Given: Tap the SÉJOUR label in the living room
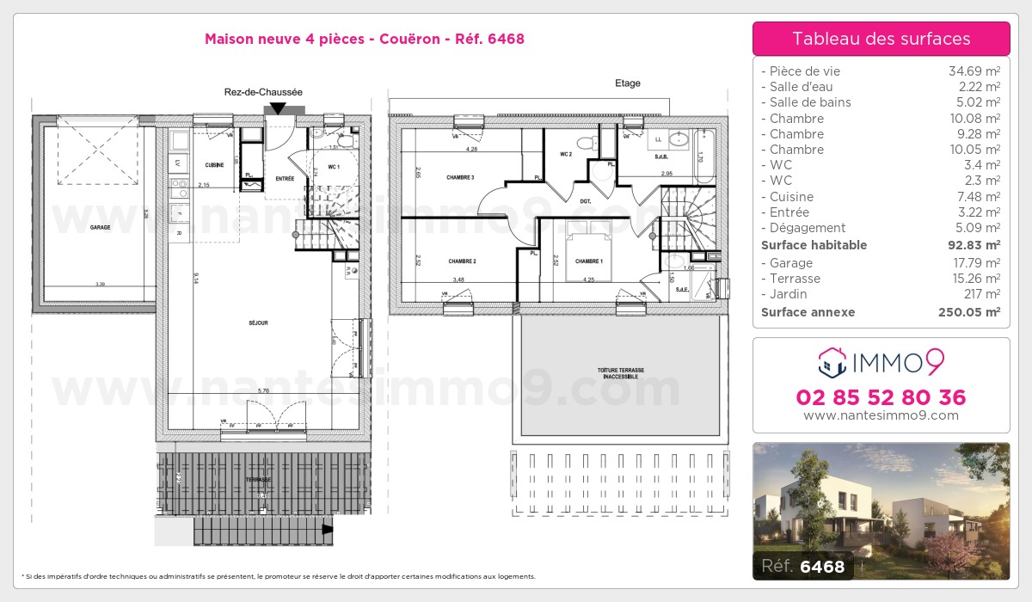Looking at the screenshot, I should click(x=258, y=323).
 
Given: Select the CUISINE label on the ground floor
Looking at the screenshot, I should click(x=215, y=164).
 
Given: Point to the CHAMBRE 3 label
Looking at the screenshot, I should click(x=460, y=178).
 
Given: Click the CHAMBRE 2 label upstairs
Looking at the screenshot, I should click(x=462, y=261).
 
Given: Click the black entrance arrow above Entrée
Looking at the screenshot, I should click(x=278, y=108).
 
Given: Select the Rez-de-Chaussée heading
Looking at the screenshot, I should click(x=263, y=92).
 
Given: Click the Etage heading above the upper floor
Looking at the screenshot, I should click(x=627, y=83).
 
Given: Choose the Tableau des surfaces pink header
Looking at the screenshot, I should click(x=881, y=39).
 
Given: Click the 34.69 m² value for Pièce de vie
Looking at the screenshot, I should click(x=974, y=71).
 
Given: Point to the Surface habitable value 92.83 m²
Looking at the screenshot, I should click(x=969, y=245).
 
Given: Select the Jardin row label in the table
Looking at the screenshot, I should click(x=789, y=294).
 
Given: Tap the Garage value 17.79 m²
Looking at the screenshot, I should click(x=974, y=263).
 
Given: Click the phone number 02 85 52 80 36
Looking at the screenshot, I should click(x=881, y=397).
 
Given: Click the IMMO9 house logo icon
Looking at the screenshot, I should click(x=832, y=363).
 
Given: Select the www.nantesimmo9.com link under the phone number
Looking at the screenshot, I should click(x=881, y=415).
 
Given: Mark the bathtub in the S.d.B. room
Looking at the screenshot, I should click(x=704, y=157).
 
